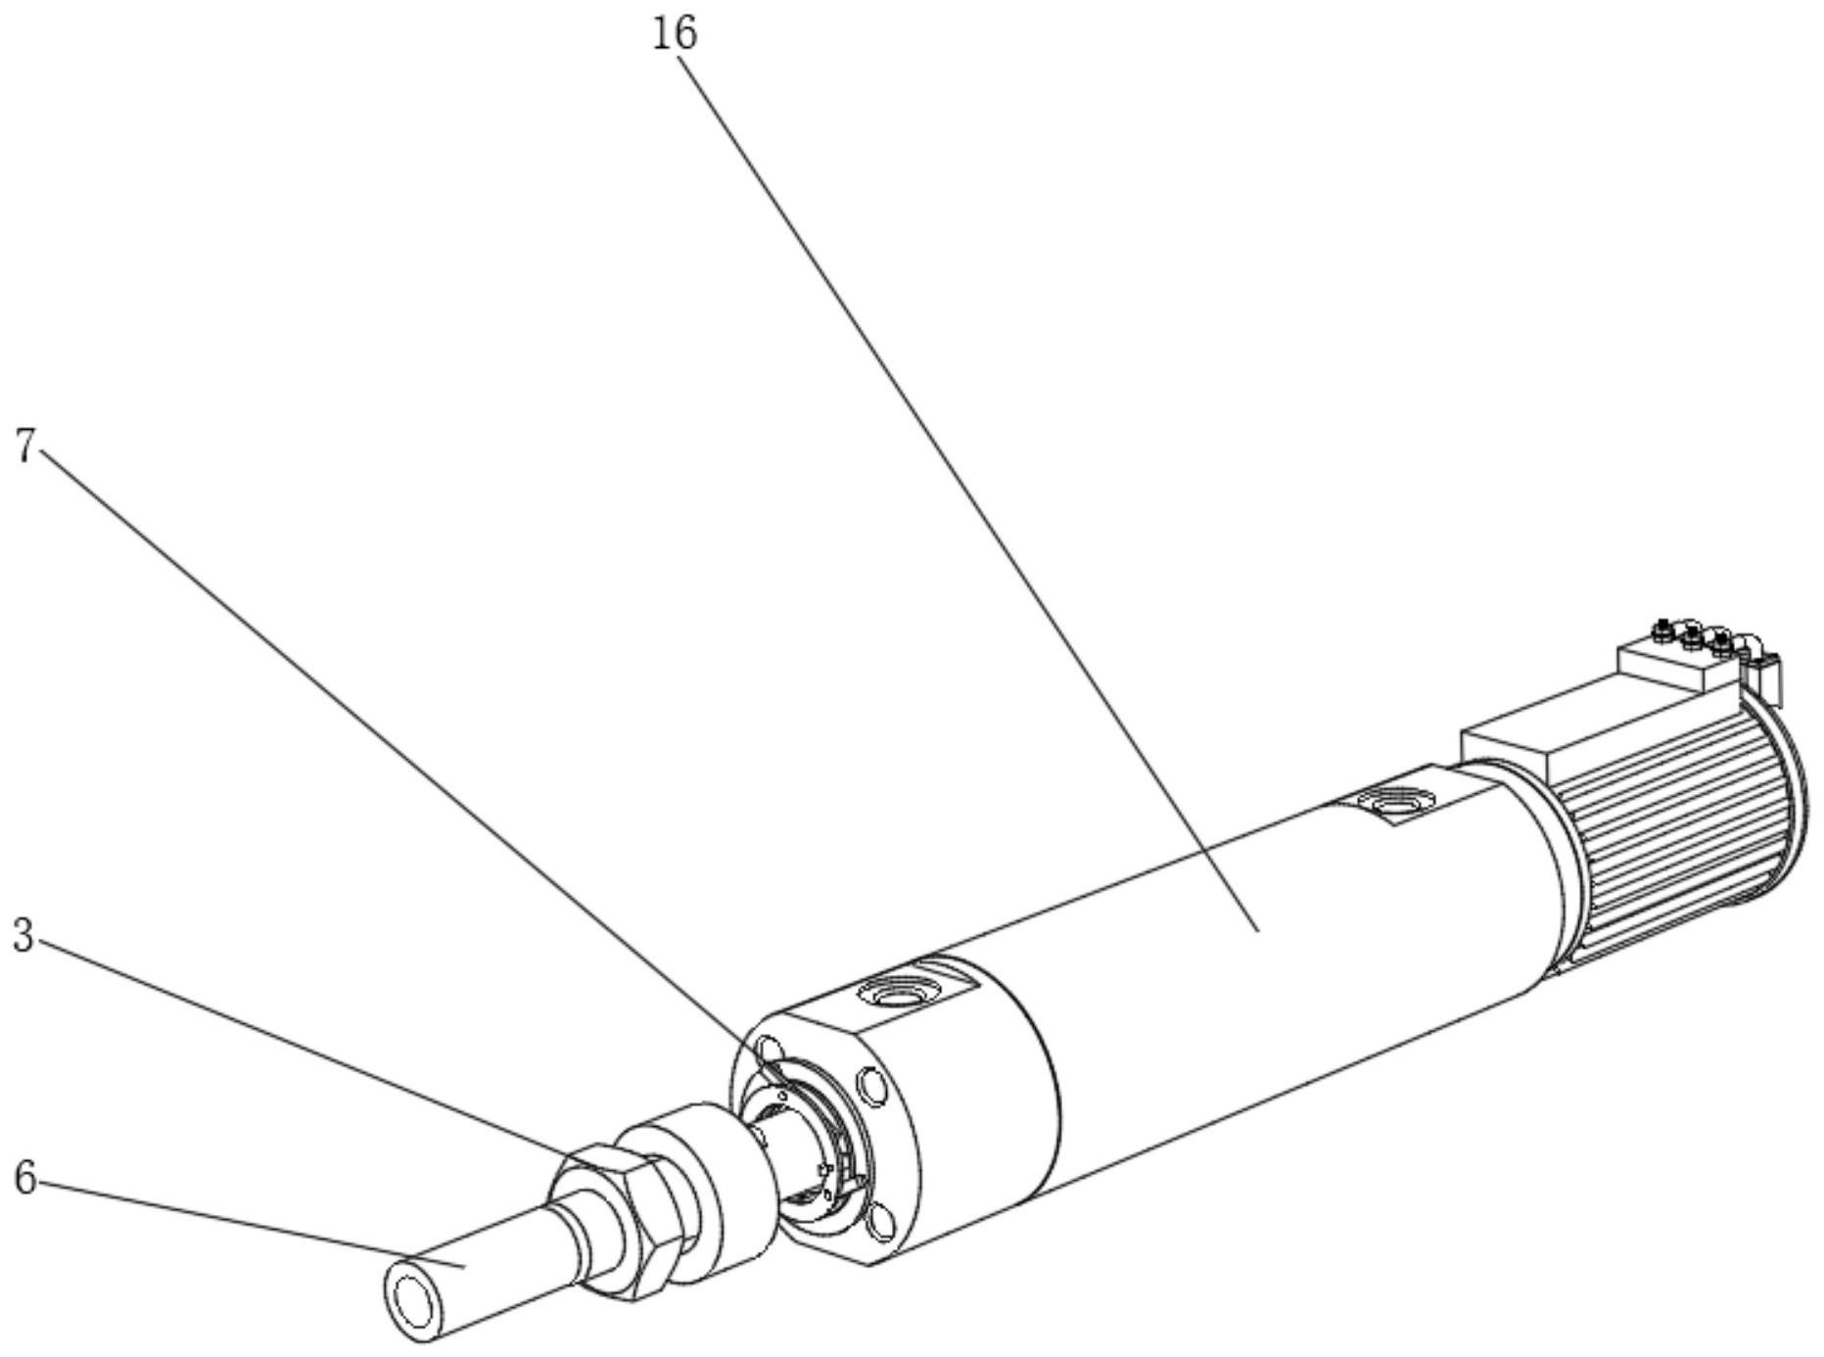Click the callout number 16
click(675, 33)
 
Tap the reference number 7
click(26, 447)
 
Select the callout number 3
click(23, 935)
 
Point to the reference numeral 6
click(24, 1178)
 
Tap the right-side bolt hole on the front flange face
click(870, 1085)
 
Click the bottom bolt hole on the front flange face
click(881, 1223)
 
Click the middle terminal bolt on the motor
click(1691, 637)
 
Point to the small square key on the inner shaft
click(825, 1168)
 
